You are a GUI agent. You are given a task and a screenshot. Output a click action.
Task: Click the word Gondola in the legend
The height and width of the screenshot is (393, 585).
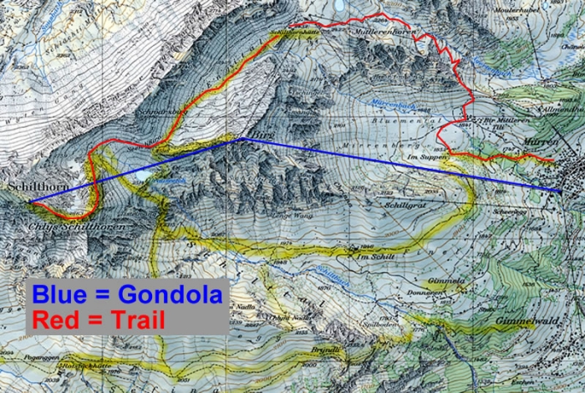[x=170, y=294]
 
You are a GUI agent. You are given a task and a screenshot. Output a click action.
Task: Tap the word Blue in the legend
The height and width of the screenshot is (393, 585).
[x=62, y=294]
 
